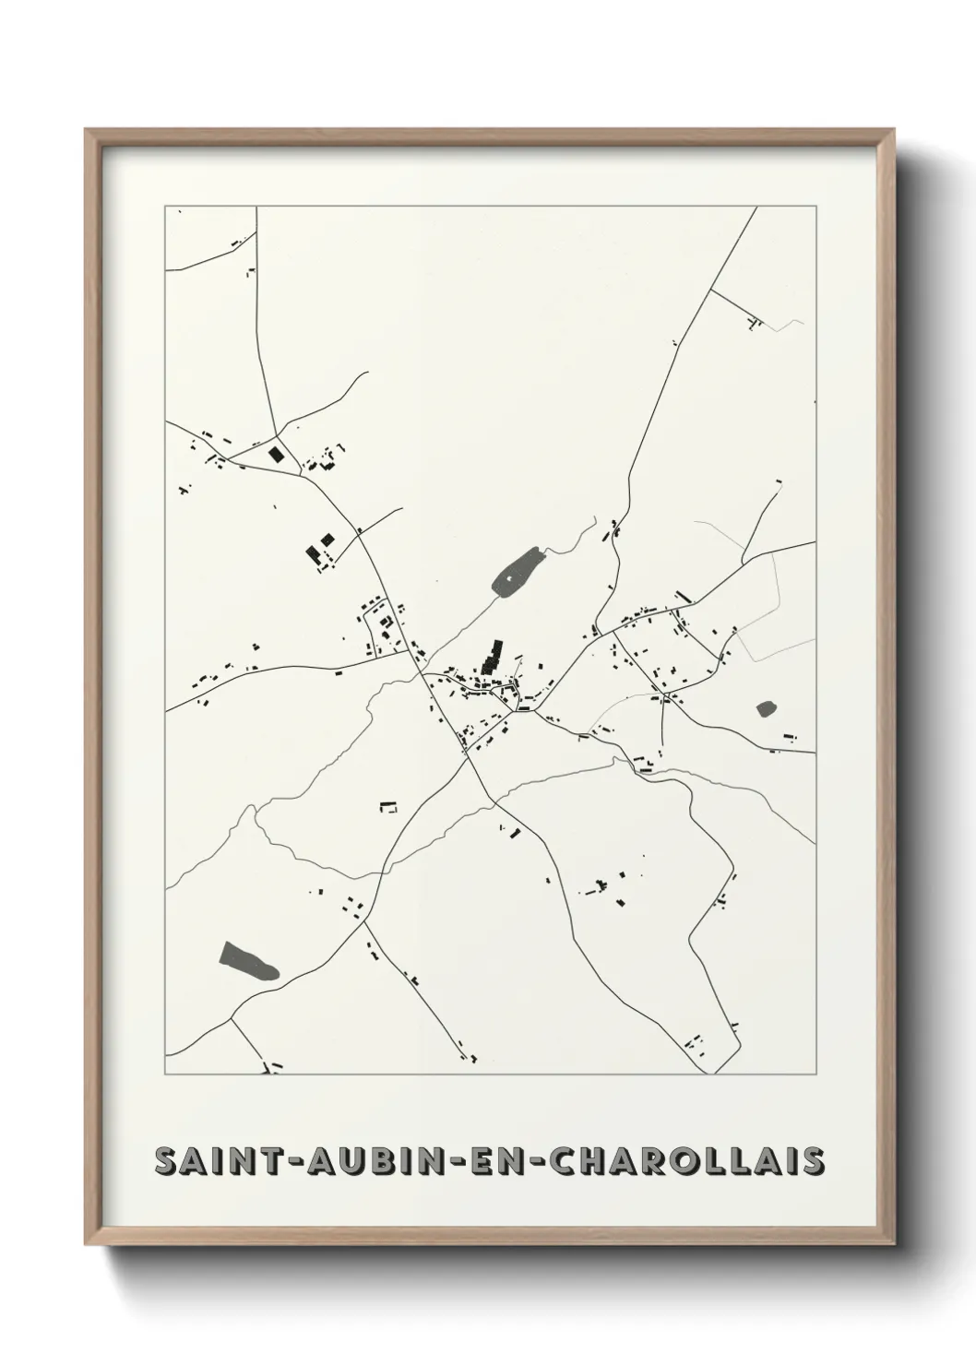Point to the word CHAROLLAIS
pyautogui.click(x=687, y=1162)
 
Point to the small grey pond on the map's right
pyautogui.click(x=766, y=708)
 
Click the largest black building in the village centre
pyautogui.click(x=492, y=657)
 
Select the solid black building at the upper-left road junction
pyautogui.click(x=275, y=454)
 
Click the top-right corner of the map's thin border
pyautogui.click(x=815, y=207)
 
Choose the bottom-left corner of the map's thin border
pyautogui.click(x=165, y=1075)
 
